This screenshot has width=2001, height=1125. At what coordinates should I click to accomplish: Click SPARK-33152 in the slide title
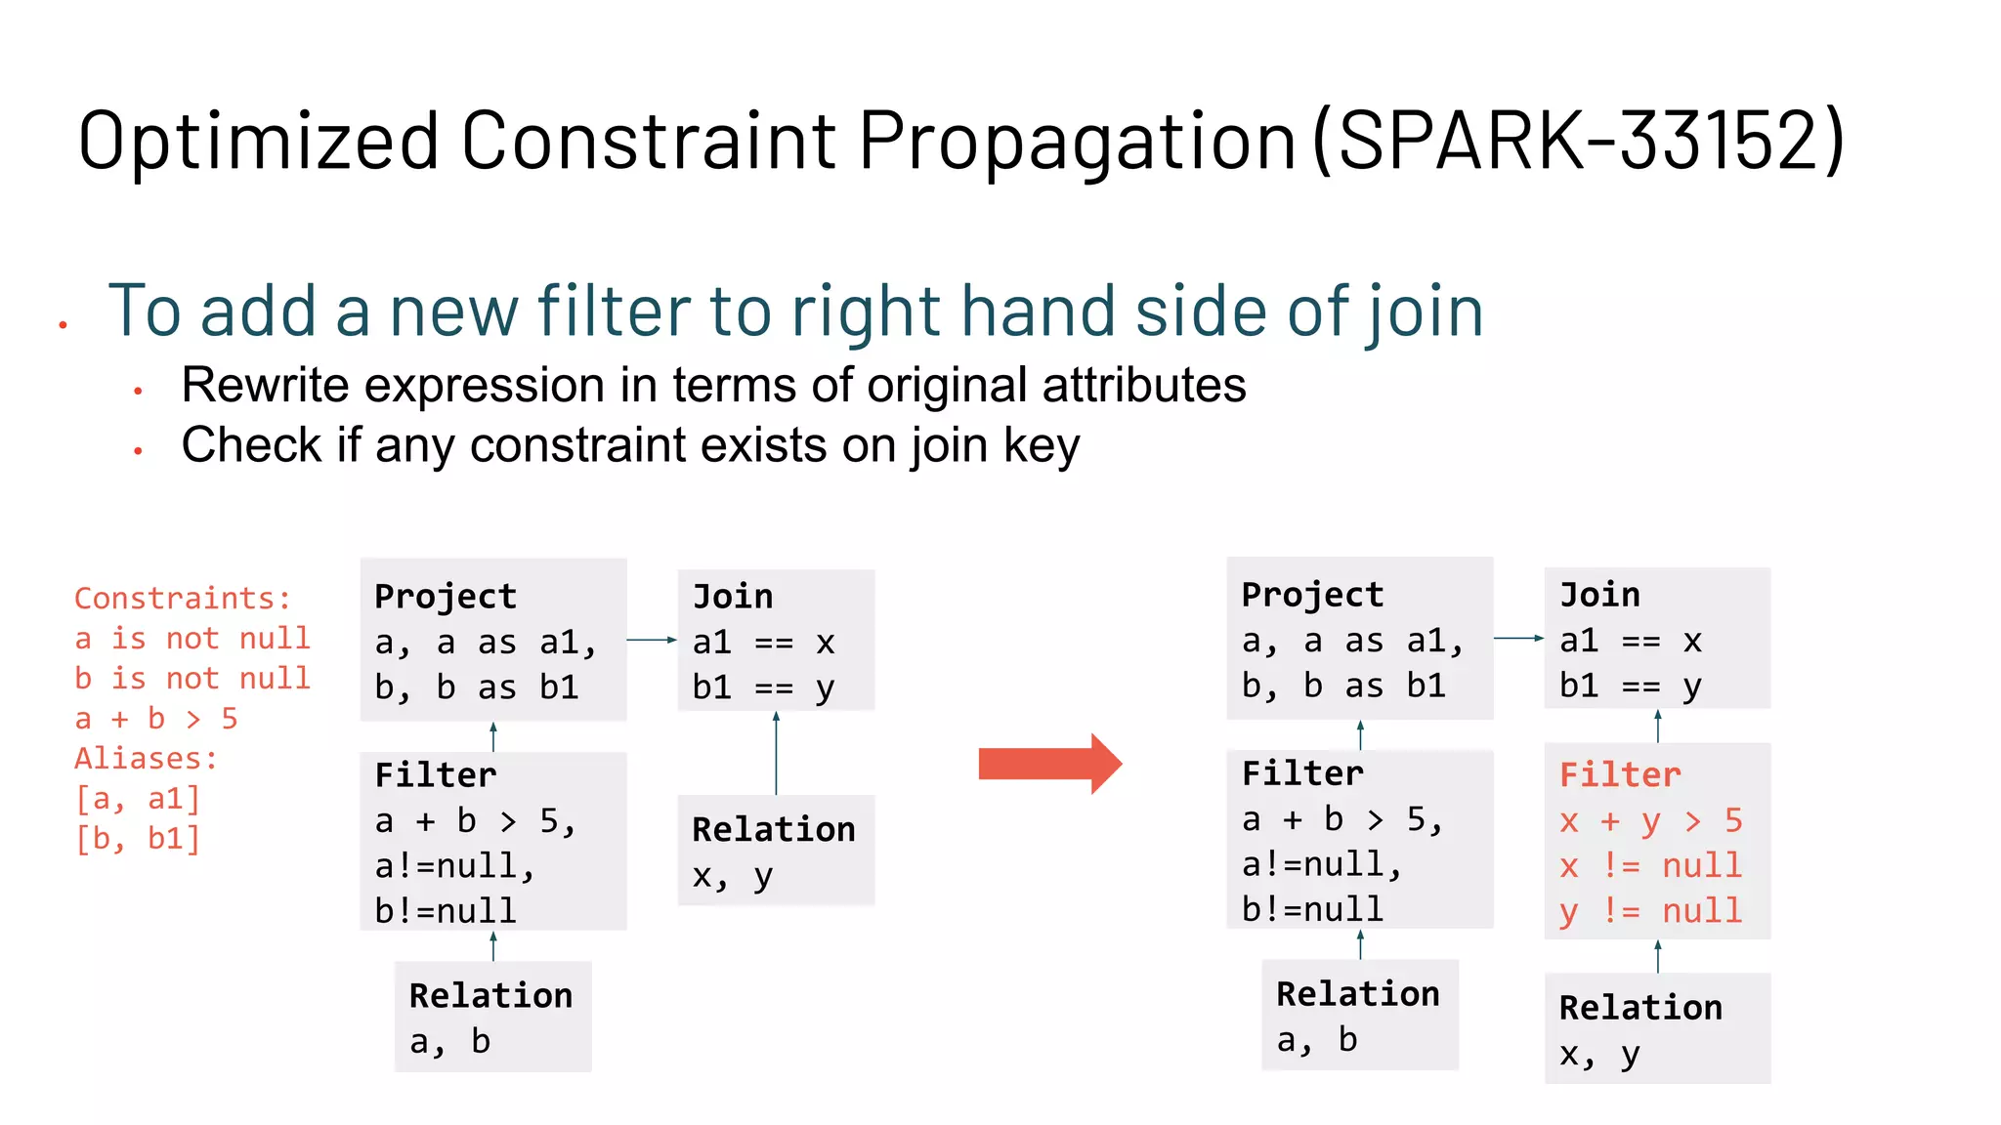(x=1579, y=141)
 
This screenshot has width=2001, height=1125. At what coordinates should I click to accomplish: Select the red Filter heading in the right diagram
(x=1620, y=775)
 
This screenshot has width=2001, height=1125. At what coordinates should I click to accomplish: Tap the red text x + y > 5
(x=1650, y=820)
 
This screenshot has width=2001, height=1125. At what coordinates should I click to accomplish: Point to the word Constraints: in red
(x=183, y=598)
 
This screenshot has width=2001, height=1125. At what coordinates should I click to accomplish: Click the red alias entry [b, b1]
(x=138, y=839)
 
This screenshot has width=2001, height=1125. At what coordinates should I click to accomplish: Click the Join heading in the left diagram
(x=733, y=596)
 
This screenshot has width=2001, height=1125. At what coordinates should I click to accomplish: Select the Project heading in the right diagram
(x=1312, y=594)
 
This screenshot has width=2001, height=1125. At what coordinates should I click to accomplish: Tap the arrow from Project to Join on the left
(x=652, y=640)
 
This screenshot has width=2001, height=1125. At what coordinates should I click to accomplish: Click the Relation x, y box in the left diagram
(x=776, y=851)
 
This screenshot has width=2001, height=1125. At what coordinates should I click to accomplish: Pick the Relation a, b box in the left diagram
(x=492, y=1017)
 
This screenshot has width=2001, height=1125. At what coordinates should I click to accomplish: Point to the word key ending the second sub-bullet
(x=1042, y=445)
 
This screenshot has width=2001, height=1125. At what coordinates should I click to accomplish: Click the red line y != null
(x=1650, y=911)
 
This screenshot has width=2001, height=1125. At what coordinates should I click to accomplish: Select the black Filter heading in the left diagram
(x=436, y=775)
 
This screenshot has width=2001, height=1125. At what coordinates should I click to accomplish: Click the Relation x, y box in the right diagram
(x=1657, y=1028)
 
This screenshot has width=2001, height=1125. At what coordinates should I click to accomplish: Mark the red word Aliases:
(x=146, y=759)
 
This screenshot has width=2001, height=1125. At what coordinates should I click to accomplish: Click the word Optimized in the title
(x=259, y=141)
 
